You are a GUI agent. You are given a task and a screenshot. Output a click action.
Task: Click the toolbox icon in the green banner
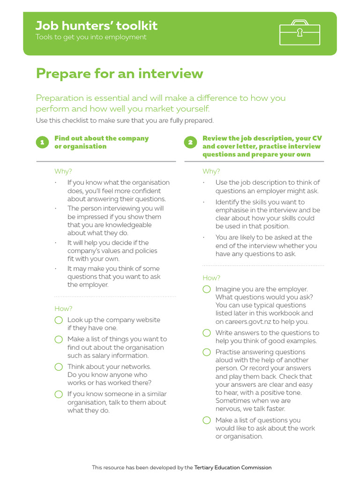pos(300,32)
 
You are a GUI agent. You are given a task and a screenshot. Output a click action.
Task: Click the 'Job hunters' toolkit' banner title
pos(97,26)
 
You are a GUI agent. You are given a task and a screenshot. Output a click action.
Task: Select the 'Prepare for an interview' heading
pos(120,74)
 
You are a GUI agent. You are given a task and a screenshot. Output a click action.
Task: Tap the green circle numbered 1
pos(42,142)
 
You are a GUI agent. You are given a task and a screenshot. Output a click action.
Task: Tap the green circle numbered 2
pos(190,142)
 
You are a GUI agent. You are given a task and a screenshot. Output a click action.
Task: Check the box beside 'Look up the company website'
pos(59,320)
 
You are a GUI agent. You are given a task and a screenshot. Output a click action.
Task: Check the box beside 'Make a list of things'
pos(59,339)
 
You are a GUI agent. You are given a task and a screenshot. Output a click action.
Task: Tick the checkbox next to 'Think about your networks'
pos(59,367)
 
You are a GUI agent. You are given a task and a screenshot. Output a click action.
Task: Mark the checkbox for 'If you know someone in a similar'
pos(59,394)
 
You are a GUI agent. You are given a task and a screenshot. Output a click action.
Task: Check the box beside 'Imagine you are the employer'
pos(207,289)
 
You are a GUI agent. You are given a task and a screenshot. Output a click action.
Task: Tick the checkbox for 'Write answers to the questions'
pos(207,333)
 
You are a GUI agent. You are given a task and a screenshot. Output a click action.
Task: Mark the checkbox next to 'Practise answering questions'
pos(207,352)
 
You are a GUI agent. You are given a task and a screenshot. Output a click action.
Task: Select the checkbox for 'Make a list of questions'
pos(207,420)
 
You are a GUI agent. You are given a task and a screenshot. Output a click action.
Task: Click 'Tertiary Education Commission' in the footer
pos(232,467)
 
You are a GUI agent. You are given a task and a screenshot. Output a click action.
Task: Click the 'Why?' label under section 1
pos(63,171)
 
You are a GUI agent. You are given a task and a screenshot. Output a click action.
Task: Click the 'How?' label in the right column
pos(211,277)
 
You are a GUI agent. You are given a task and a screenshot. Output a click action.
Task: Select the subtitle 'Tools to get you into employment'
pos(91,37)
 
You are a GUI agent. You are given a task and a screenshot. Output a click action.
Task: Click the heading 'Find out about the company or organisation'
pos(101,142)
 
